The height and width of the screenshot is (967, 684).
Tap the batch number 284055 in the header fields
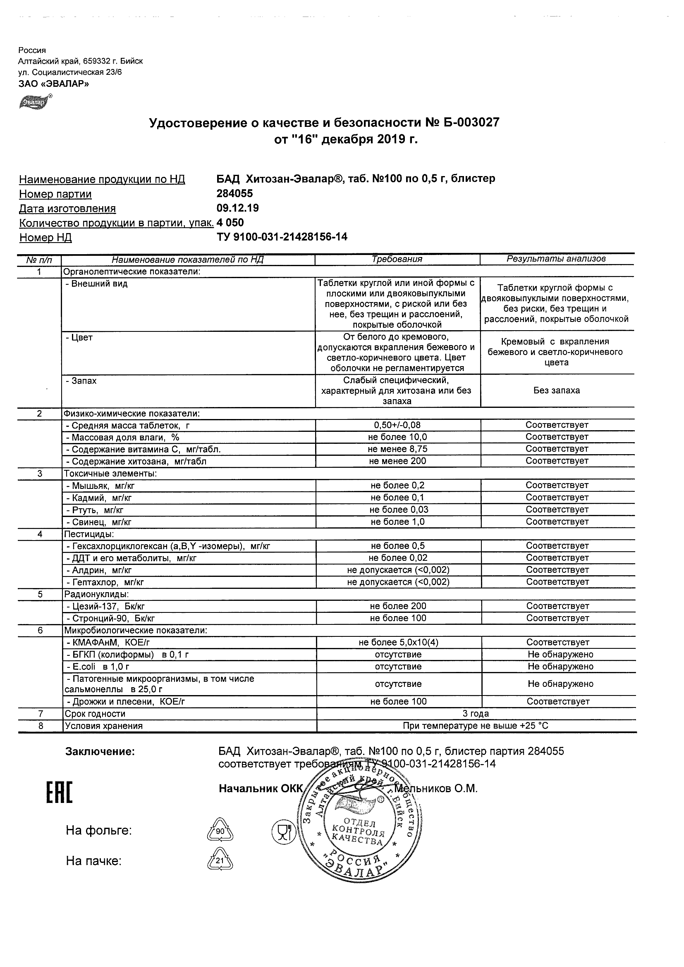coord(234,193)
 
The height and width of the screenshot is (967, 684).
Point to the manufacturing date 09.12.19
coord(237,208)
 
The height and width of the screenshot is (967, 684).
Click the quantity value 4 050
coord(230,222)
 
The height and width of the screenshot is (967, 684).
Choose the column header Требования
coord(397,260)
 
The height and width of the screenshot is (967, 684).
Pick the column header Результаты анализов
coord(556,259)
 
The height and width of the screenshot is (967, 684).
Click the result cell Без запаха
coord(556,391)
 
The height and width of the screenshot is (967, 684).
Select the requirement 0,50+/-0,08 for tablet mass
coord(397,425)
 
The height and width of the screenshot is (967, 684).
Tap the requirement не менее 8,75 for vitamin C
coord(397,449)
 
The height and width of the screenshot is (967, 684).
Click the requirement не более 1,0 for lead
coord(397,522)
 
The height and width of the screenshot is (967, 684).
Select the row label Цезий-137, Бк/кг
coord(105,607)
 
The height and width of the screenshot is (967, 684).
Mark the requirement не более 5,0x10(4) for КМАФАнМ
coord(398,643)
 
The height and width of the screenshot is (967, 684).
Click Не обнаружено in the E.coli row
coord(560,667)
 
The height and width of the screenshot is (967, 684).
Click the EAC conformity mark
coord(59,792)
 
